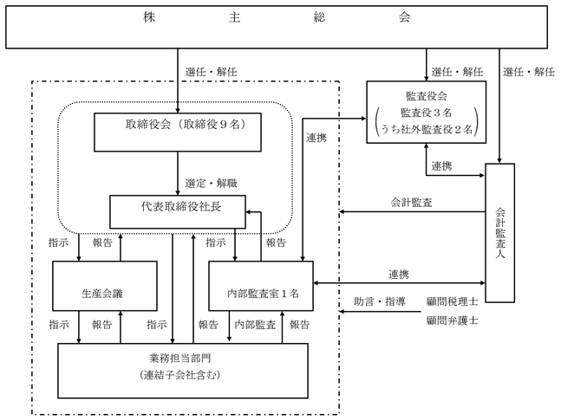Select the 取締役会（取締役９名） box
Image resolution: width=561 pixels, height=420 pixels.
(x=178, y=125)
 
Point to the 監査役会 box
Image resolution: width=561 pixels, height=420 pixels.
(x=425, y=111)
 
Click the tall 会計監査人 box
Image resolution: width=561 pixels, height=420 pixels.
(x=506, y=232)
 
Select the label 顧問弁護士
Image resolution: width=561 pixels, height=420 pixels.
(x=452, y=320)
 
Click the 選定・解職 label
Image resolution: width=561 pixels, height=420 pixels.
(x=211, y=184)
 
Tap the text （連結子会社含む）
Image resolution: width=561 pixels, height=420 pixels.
(x=182, y=375)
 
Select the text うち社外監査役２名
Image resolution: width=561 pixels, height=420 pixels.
(x=425, y=129)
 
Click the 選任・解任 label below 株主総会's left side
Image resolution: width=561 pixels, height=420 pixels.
(x=211, y=72)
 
